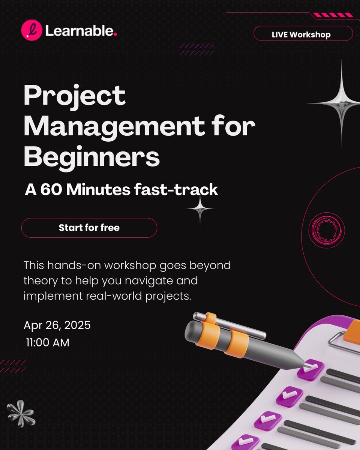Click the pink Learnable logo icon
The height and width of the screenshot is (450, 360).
click(31, 30)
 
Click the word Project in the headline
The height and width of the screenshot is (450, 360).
click(74, 96)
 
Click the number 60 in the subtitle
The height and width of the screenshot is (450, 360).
click(52, 190)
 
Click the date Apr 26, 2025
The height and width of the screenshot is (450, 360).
click(57, 325)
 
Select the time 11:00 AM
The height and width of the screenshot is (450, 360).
click(48, 342)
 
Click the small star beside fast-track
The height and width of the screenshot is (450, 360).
click(199, 209)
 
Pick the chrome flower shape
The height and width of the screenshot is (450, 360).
click(21, 413)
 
